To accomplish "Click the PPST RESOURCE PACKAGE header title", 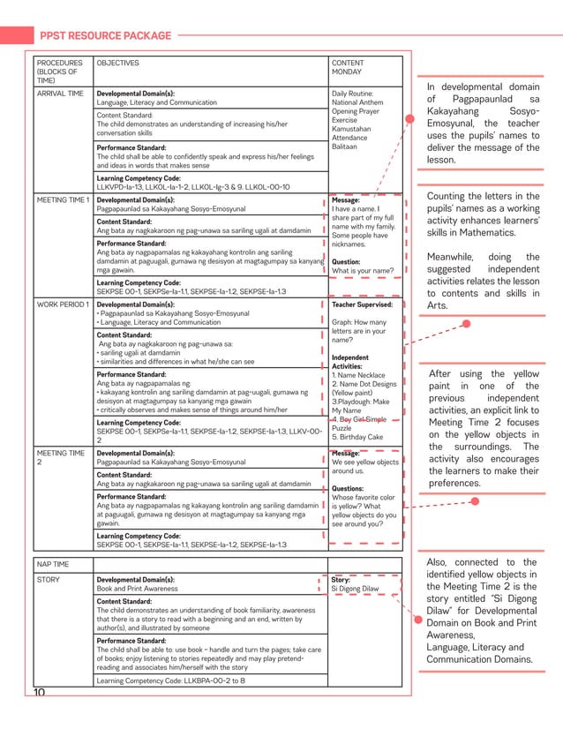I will (x=106, y=35).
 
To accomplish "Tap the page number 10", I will (x=40, y=693).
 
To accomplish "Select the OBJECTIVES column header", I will (x=117, y=64).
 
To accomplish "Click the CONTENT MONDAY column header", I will (x=348, y=68).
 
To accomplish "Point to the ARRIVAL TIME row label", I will (x=60, y=93).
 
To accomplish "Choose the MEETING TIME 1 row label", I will (x=63, y=200).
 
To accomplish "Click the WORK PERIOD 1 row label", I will (x=63, y=304).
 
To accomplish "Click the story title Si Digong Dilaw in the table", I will (x=355, y=589).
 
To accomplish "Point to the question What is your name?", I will (x=363, y=271).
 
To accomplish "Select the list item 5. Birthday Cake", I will (x=358, y=437).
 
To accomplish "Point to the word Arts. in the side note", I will (x=438, y=305).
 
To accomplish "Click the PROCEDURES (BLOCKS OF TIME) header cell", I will (x=60, y=72).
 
